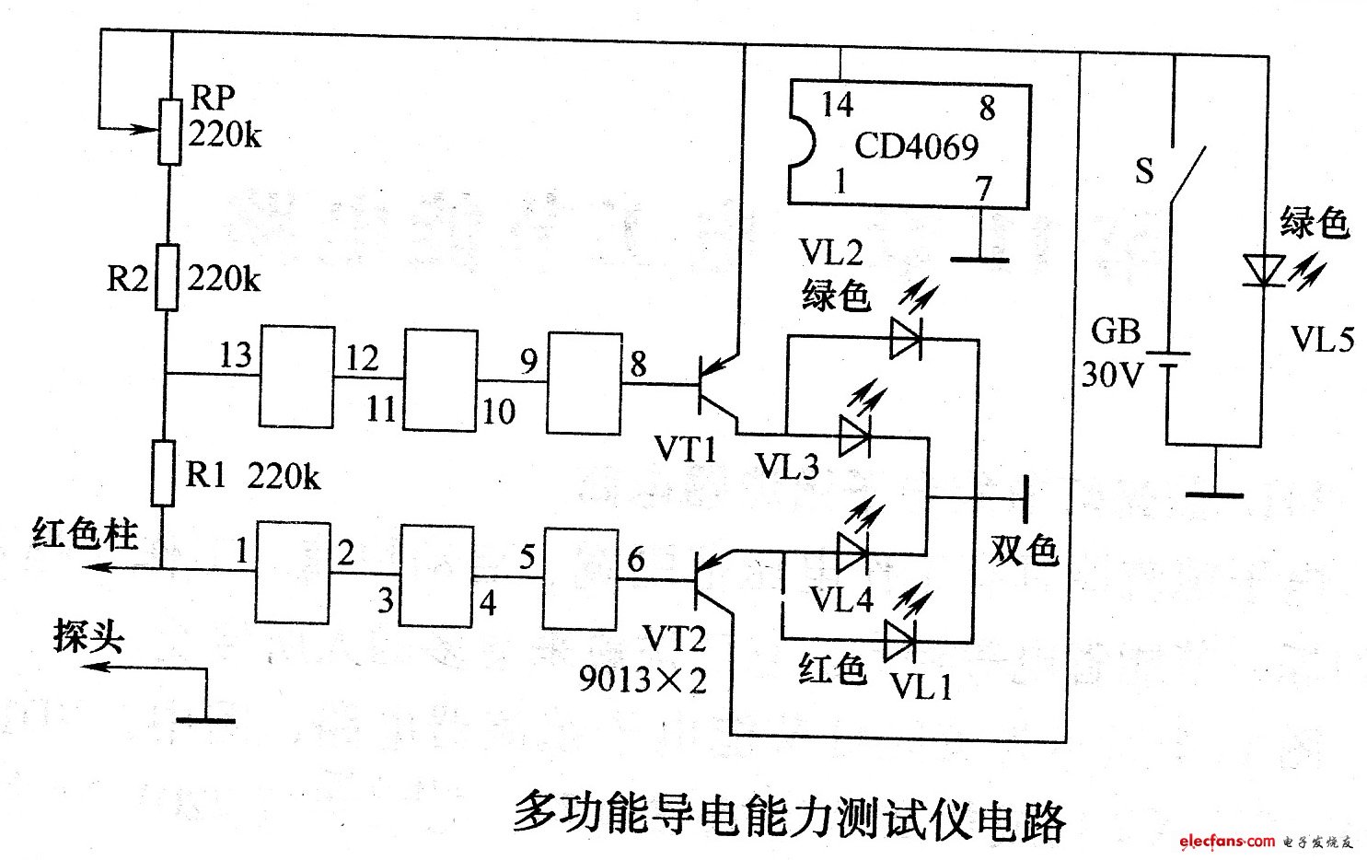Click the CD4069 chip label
pos(917,145)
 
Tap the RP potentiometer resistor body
pos(170,132)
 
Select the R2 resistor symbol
pos(166,276)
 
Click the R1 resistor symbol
pos(163,473)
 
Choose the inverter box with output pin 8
pos(585,382)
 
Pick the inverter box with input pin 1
pos(292,573)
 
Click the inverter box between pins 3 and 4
pos(435,577)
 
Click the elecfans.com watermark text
pos(1225,841)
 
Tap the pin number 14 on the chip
pos(838,104)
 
